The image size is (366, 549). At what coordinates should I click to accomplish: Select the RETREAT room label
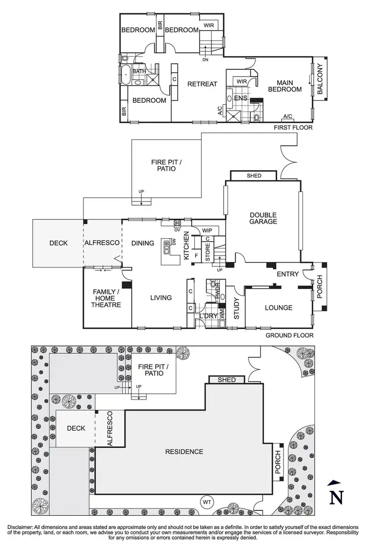click(202, 84)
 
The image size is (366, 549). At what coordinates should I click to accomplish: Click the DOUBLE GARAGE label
click(263, 218)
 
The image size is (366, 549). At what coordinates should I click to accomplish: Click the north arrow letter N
click(335, 497)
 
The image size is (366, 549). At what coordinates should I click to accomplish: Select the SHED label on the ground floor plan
click(254, 176)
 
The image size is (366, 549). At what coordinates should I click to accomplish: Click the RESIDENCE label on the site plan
click(184, 451)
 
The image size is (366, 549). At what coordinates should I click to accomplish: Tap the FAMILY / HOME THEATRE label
click(107, 298)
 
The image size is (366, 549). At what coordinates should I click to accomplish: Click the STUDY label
click(236, 308)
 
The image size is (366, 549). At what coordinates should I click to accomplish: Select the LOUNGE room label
click(278, 308)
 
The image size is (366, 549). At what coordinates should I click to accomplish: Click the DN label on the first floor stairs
click(205, 60)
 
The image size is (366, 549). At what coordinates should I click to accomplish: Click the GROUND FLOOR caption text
click(289, 336)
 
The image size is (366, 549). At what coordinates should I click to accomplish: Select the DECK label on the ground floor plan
click(58, 243)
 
